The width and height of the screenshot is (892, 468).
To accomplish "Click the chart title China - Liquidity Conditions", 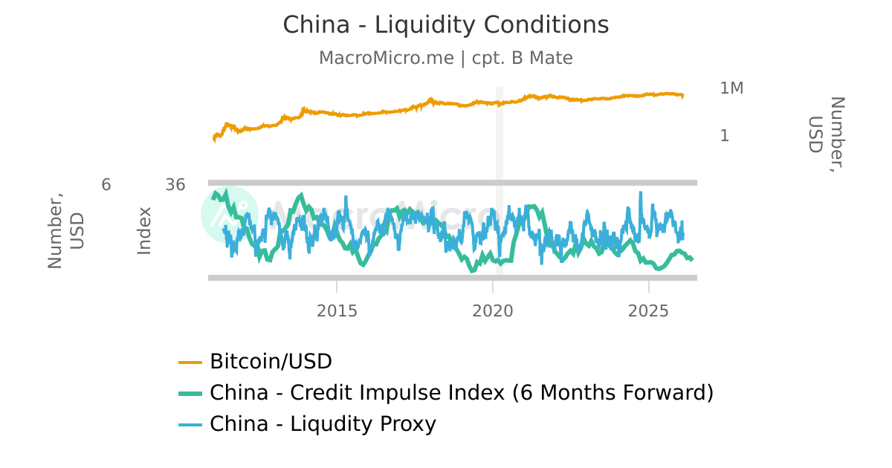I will click(445, 25).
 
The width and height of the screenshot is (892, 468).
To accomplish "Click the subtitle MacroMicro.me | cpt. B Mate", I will click(445, 58).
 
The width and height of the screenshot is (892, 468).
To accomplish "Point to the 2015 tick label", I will click(337, 311).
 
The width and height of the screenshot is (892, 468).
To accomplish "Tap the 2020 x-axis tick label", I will click(493, 311).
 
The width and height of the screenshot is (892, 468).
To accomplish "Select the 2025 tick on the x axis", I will click(649, 311).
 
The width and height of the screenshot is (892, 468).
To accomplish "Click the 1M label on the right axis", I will click(731, 88).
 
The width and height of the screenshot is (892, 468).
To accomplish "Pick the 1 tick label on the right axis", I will click(725, 136).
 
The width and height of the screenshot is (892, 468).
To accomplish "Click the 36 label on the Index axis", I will click(175, 185).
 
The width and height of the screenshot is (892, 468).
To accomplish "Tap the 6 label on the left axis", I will click(106, 185).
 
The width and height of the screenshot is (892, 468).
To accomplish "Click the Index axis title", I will click(144, 231).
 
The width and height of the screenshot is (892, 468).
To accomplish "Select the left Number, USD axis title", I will click(65, 231).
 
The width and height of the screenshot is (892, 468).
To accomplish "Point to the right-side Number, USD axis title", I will click(826, 134).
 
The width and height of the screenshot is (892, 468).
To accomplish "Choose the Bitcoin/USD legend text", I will click(271, 362).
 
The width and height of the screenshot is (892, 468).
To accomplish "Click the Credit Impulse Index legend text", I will click(462, 392).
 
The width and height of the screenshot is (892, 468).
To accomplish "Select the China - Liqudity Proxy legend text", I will click(323, 423).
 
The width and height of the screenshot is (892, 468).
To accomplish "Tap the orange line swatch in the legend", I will click(190, 363).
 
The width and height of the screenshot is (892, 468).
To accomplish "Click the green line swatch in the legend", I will click(190, 393).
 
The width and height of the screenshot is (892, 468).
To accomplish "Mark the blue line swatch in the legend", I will click(190, 424).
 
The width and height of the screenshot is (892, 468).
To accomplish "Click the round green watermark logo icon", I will click(229, 214).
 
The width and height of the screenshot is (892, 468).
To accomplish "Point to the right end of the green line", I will click(692, 259).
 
